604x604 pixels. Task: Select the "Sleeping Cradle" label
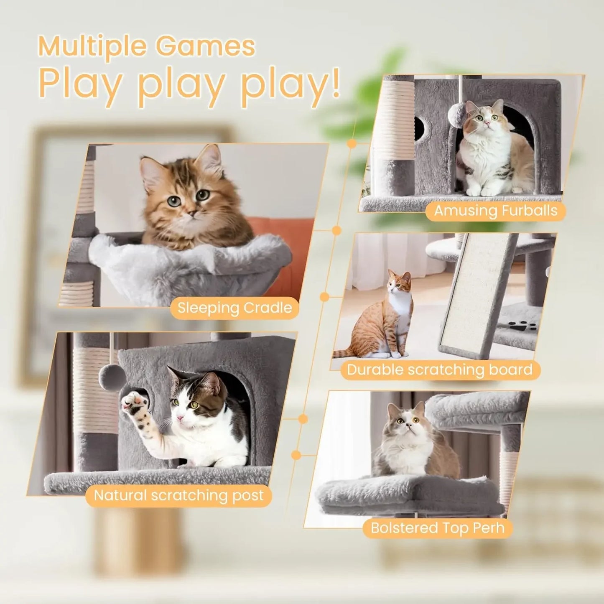pos(234,308)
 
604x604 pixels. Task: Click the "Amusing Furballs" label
pos(495,211)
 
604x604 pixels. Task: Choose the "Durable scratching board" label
pos(440,370)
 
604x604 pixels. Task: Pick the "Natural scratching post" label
pos(178,495)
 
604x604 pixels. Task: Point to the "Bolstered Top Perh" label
pos(437,528)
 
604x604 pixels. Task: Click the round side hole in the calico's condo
pos(419,128)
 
